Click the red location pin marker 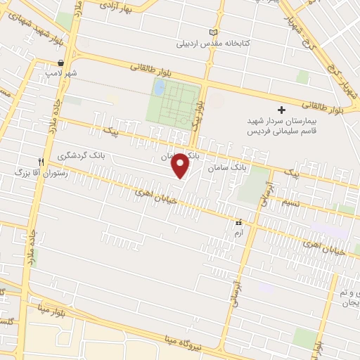coord(181,165)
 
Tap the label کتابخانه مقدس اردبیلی coord(217,43)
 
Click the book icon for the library coord(214,32)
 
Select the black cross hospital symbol coord(281,110)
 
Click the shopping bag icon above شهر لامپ coord(63,63)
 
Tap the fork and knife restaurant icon coord(42,160)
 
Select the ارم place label coord(240,233)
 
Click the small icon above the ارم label coord(240,223)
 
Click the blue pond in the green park coord(160,88)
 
